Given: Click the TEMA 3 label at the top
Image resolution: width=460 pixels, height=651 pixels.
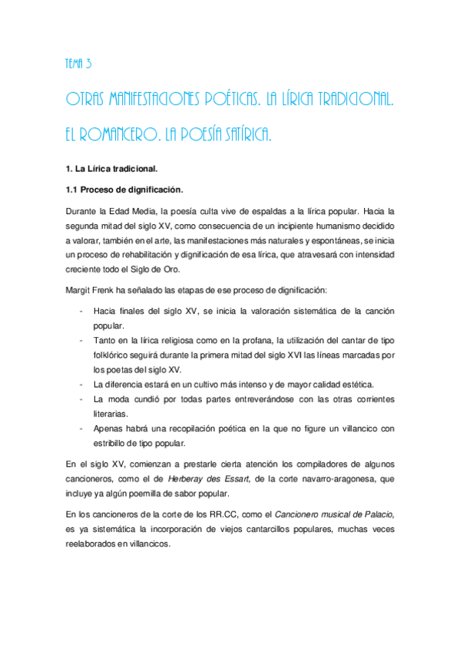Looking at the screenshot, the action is click(x=79, y=64).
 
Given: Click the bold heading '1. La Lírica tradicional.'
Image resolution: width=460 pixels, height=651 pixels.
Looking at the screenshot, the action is click(x=111, y=167).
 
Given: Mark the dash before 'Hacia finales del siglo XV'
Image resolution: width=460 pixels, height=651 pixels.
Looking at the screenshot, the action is click(x=81, y=312).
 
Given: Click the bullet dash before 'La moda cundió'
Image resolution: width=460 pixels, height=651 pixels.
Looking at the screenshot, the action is click(x=81, y=399).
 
